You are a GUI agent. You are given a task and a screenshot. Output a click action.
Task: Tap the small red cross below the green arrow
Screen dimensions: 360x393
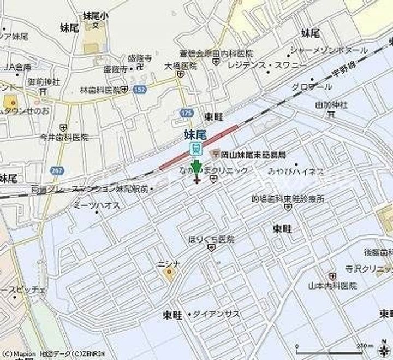[x=196, y=180]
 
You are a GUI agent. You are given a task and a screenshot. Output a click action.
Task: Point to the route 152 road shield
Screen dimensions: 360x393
[x=140, y=88]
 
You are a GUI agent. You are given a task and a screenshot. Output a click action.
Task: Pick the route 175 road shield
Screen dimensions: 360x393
[x=186, y=112]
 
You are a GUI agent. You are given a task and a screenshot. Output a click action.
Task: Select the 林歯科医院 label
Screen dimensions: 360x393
[x=99, y=89]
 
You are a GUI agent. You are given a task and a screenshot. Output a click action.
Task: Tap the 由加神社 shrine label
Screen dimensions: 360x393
[x=331, y=104]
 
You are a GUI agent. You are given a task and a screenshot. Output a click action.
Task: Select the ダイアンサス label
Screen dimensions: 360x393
[x=216, y=314]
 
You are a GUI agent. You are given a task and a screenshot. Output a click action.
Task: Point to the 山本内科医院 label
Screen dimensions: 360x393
[x=332, y=285]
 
